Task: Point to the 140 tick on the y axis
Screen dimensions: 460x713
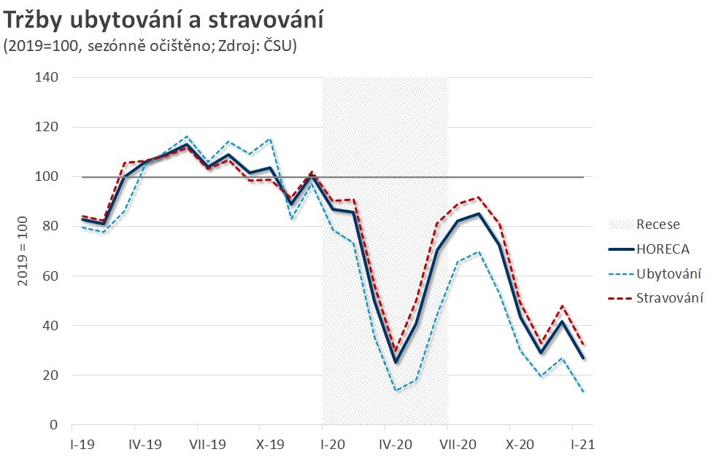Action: (47, 77)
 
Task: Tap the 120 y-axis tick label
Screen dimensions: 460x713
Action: (47, 127)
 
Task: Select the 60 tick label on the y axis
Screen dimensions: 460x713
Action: (51, 276)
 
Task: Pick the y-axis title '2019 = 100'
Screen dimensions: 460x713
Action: (22, 252)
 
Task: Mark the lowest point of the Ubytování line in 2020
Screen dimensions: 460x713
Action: (396, 390)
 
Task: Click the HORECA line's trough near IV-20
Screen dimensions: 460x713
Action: (396, 362)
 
